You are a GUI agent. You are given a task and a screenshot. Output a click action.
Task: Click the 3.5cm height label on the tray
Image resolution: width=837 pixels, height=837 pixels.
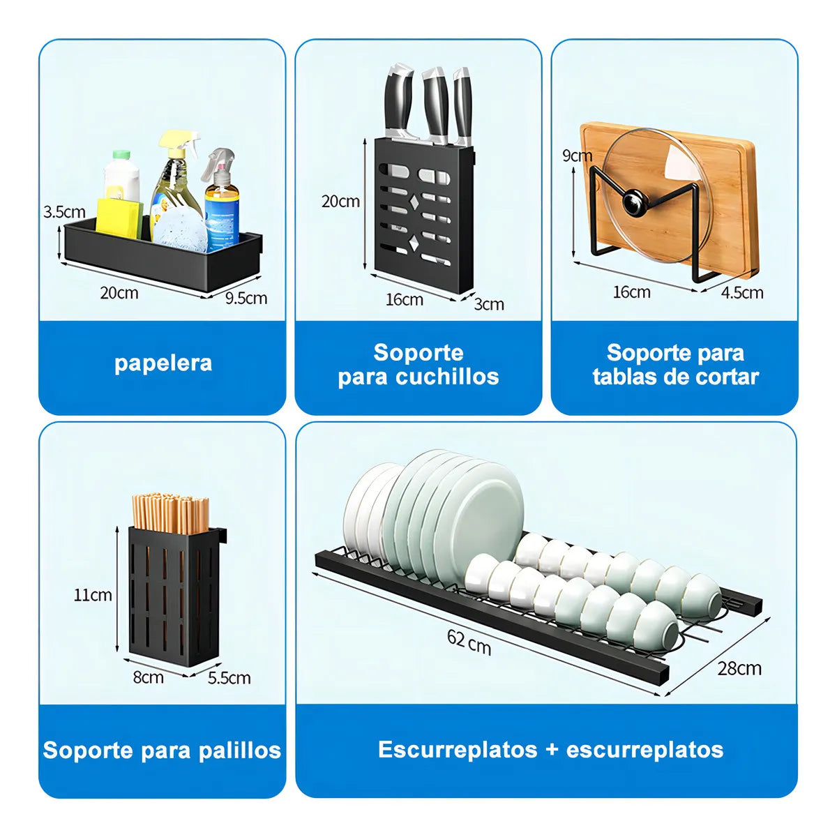click(x=64, y=212)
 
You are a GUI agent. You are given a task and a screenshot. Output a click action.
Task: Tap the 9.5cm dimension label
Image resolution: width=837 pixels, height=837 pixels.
click(x=246, y=299)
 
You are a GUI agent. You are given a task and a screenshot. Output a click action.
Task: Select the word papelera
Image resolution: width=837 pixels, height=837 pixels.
click(x=163, y=363)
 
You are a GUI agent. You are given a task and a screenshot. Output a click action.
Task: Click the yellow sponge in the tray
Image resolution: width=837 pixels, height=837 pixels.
click(x=119, y=216)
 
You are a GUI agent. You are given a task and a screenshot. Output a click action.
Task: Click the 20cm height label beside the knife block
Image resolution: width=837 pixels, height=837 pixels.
click(x=340, y=202)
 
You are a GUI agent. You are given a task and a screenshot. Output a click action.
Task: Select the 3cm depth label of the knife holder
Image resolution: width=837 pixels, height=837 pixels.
click(x=489, y=305)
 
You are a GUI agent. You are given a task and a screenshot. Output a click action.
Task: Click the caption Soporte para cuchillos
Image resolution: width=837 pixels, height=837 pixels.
click(x=418, y=365)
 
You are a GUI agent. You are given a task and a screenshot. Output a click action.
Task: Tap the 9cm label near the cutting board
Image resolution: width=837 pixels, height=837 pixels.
click(x=578, y=156)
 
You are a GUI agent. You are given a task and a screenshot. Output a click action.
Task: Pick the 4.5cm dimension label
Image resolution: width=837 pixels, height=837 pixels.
click(x=742, y=293)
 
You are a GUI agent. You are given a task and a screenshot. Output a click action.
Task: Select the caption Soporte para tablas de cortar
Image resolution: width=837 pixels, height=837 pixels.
click(x=675, y=365)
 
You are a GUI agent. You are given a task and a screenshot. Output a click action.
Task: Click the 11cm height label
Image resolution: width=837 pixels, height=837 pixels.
click(x=93, y=595)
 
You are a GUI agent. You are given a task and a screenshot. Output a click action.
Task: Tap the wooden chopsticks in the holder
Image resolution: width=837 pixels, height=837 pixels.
click(x=170, y=511)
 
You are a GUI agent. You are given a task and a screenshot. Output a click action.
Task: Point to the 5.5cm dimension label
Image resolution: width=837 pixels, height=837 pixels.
click(x=229, y=678)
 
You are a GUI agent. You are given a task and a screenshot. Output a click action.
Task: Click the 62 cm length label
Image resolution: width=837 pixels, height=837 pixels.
click(x=469, y=642)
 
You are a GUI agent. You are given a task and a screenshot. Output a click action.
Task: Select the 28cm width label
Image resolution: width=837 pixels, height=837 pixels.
click(x=739, y=668)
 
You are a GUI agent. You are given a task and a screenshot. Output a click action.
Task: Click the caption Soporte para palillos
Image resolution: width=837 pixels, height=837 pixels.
click(x=162, y=751)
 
